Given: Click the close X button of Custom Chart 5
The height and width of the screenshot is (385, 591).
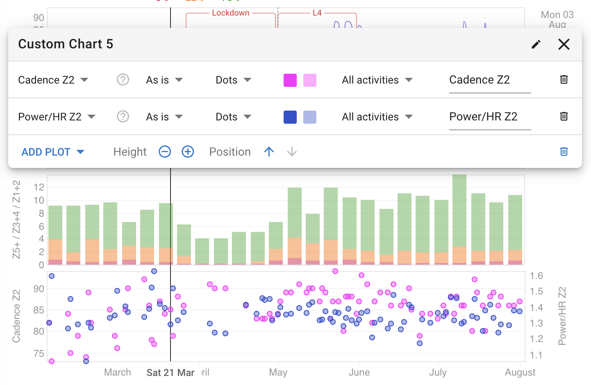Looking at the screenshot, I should [564, 44].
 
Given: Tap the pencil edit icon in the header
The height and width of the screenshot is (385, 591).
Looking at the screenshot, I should [536, 44].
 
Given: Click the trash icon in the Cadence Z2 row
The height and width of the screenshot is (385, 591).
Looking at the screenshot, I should [564, 79].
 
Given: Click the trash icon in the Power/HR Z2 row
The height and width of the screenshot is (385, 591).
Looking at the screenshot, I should [564, 116].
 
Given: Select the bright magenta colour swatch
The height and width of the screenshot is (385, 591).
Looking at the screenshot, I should [290, 80].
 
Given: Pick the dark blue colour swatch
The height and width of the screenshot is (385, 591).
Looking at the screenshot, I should [290, 117].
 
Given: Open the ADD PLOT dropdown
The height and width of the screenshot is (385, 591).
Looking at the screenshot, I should [52, 152].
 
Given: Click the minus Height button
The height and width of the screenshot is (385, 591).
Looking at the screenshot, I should [165, 152].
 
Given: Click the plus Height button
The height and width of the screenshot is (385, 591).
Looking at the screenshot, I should [188, 152].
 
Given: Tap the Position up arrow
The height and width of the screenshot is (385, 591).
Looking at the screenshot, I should [269, 152].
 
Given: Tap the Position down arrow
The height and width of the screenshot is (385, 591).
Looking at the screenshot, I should [292, 152].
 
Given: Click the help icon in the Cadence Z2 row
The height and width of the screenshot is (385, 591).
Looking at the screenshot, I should [123, 79].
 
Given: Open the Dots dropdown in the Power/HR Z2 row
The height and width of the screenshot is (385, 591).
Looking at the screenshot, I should [233, 117].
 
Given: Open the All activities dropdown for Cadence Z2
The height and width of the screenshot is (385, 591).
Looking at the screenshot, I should [377, 80].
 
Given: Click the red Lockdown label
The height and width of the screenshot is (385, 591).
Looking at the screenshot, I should [231, 13].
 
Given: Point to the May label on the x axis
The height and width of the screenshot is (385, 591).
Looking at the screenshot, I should [278, 372].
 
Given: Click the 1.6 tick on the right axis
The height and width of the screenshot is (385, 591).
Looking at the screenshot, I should [536, 276].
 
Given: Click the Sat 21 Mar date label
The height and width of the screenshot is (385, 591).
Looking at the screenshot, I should [170, 373].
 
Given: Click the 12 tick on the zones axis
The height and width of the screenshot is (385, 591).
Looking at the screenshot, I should [39, 187].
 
